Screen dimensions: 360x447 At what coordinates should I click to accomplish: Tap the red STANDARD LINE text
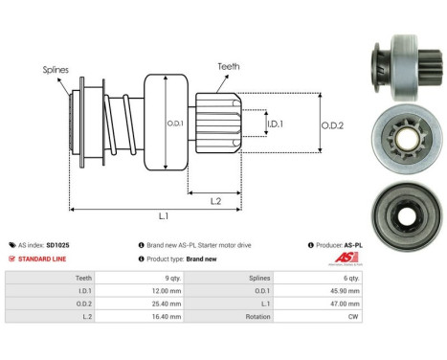47,259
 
